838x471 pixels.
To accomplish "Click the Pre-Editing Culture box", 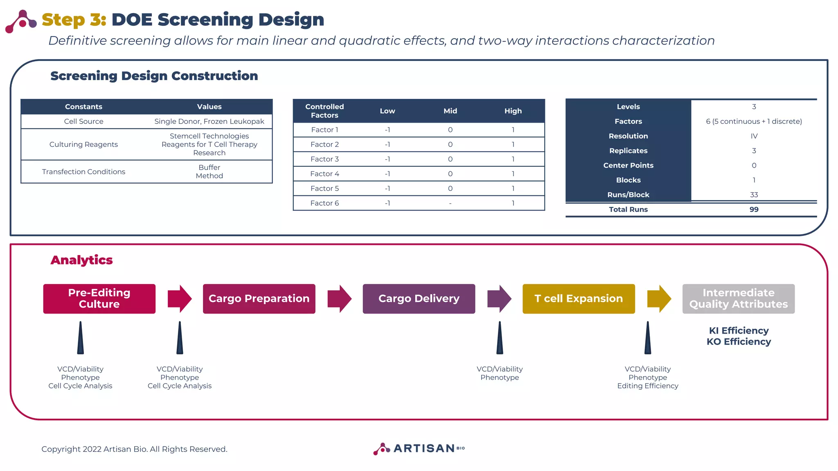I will tap(99, 299).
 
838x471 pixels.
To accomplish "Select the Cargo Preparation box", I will tap(259, 299).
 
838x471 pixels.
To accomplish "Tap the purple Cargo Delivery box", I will tap(419, 299).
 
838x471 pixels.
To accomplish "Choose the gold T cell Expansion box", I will tap(579, 299).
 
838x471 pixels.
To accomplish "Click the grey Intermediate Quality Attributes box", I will tap(738, 299).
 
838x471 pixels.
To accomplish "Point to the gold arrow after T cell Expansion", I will tap(659, 299).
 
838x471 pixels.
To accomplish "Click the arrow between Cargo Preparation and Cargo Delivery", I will tap(339, 299).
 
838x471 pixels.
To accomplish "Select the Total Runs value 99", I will tap(754, 209).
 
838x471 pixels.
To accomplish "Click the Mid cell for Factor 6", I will tap(450, 203).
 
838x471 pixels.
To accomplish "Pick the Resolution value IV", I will tap(754, 136).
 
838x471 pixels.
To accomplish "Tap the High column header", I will tap(513, 111).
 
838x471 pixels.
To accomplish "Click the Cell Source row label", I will tap(83, 121).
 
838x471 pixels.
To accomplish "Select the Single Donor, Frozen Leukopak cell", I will tap(209, 121).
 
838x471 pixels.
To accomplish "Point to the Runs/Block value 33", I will tap(754, 195).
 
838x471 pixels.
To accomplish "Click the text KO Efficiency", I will tap(739, 342).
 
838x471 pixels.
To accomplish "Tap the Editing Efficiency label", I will tap(647, 386).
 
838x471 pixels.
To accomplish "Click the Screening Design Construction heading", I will tap(154, 76).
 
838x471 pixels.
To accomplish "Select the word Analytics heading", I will tap(81, 260).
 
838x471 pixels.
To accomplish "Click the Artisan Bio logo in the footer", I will tap(419, 449).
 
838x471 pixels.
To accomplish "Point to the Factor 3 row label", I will tap(324, 159).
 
